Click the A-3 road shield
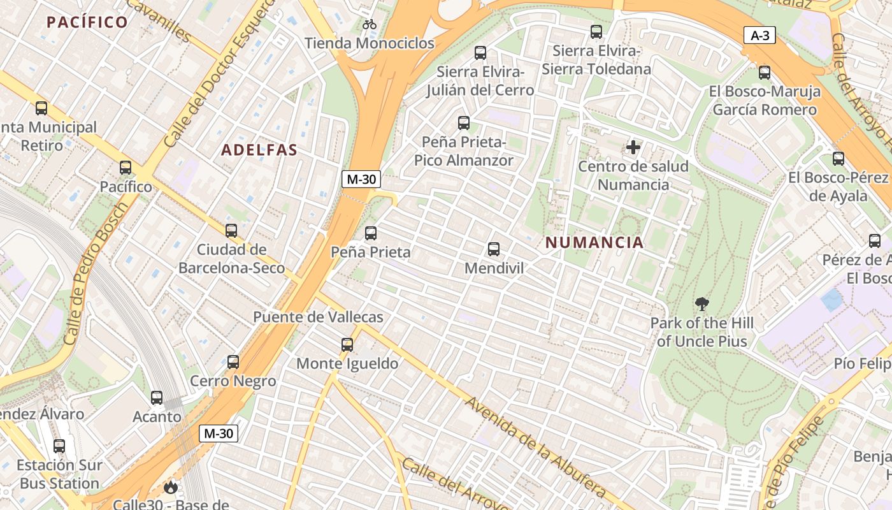tap(759, 36)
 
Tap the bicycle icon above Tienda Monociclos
tap(370, 25)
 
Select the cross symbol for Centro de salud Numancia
tap(633, 148)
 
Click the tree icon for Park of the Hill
tap(702, 304)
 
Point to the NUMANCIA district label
tap(594, 243)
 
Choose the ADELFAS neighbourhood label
tap(259, 150)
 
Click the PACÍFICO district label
tap(87, 22)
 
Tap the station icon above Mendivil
tap(494, 249)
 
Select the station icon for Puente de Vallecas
tap(347, 345)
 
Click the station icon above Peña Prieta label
tap(371, 233)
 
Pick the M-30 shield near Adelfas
tap(361, 180)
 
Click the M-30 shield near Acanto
tap(219, 434)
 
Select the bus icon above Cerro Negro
tap(233, 362)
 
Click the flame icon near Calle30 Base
tap(170, 488)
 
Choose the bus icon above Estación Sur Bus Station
tap(59, 446)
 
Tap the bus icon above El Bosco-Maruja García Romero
tap(765, 73)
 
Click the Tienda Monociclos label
tap(370, 43)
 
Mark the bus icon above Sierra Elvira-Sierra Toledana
tap(596, 31)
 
